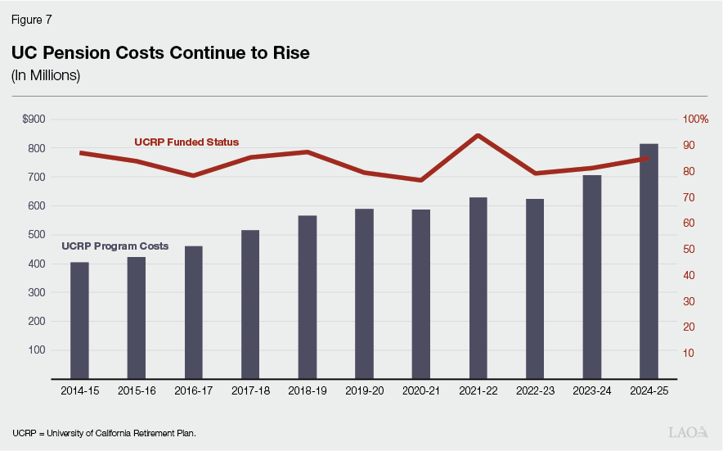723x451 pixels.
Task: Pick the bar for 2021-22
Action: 478,287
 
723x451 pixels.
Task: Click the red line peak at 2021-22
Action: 478,135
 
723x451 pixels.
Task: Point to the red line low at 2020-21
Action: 420,180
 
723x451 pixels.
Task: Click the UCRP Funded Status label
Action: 186,142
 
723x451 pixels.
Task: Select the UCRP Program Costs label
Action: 115,246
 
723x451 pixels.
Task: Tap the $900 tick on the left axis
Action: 34,120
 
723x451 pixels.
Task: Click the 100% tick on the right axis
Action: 695,120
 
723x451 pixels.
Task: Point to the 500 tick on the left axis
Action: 37,235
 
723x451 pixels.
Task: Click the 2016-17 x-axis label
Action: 194,391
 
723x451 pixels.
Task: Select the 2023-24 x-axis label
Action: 592,391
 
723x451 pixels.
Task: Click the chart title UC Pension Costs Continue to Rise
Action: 160,53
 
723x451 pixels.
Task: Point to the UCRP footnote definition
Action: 104,432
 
